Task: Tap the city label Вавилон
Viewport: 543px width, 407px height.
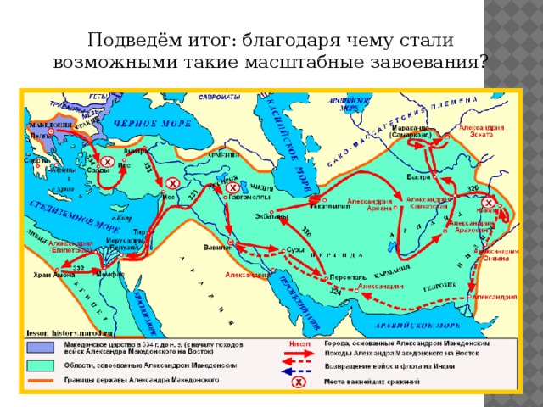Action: [x=217, y=248]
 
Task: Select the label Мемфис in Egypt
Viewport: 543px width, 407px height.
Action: [x=111, y=276]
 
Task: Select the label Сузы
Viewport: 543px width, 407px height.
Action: [x=298, y=249]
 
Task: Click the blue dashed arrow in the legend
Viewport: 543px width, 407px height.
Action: [x=298, y=370]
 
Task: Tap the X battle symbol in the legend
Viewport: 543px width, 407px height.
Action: [x=298, y=383]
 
